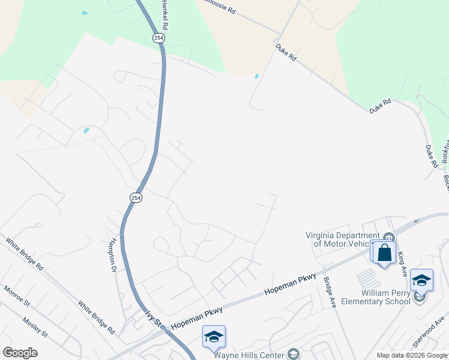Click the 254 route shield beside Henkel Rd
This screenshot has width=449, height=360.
point(158,38)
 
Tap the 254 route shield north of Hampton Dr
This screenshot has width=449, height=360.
point(136,197)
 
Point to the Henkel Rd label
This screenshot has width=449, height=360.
point(164,14)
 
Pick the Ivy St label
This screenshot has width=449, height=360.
point(153,317)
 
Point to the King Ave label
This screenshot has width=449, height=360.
point(402,262)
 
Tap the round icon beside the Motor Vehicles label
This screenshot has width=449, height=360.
point(389,236)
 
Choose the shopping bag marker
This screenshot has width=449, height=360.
point(384,253)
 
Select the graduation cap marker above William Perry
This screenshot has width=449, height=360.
point(421,281)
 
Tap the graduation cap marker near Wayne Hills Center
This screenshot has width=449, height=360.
point(214,338)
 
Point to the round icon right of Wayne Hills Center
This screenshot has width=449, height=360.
point(294,354)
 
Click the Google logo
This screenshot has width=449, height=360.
point(20,353)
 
